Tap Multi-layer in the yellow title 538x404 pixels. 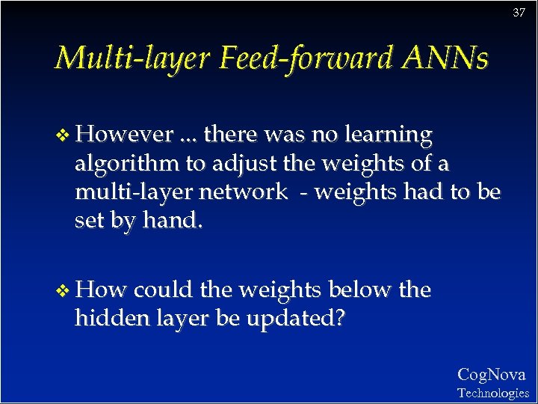[132, 58]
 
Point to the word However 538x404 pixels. [124, 135]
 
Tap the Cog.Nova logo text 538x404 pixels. [491, 375]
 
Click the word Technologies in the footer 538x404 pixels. [492, 393]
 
